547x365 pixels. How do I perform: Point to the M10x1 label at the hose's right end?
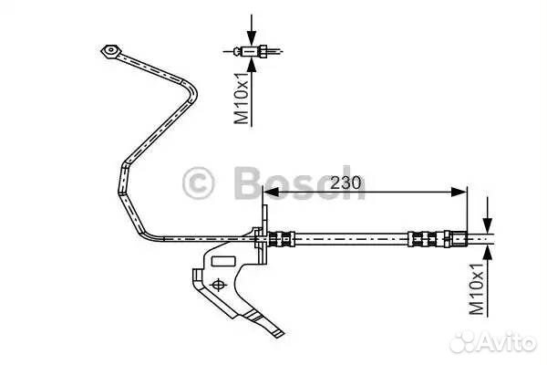click(x=476, y=289)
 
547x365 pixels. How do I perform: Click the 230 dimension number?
click(x=346, y=182)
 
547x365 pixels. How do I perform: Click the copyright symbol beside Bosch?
click(x=200, y=182)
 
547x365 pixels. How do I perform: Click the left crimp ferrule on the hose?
click(x=284, y=240)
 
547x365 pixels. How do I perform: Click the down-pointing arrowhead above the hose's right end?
click(x=489, y=226)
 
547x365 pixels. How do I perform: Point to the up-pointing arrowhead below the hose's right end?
click(x=489, y=253)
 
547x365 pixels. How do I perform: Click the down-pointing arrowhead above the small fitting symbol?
click(x=252, y=36)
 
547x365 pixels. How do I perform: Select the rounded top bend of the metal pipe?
click(x=191, y=87)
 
